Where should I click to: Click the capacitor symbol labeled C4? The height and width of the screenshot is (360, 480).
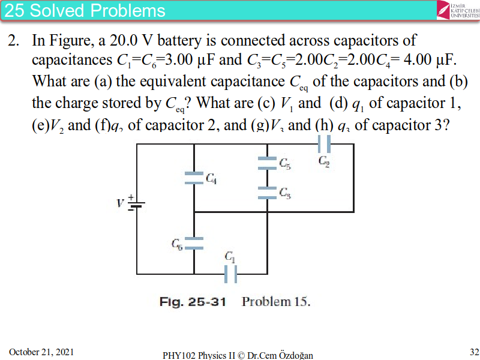(194, 178)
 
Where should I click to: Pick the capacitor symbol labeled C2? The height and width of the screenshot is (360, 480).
(325, 144)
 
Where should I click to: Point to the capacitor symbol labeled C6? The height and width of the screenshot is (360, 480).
(194, 243)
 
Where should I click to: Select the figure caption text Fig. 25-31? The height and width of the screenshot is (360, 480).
(193, 302)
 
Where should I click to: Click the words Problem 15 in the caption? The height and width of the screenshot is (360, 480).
(276, 302)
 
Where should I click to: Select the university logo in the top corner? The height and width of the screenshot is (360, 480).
(458, 10)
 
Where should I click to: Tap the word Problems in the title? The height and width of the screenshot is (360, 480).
(131, 10)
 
